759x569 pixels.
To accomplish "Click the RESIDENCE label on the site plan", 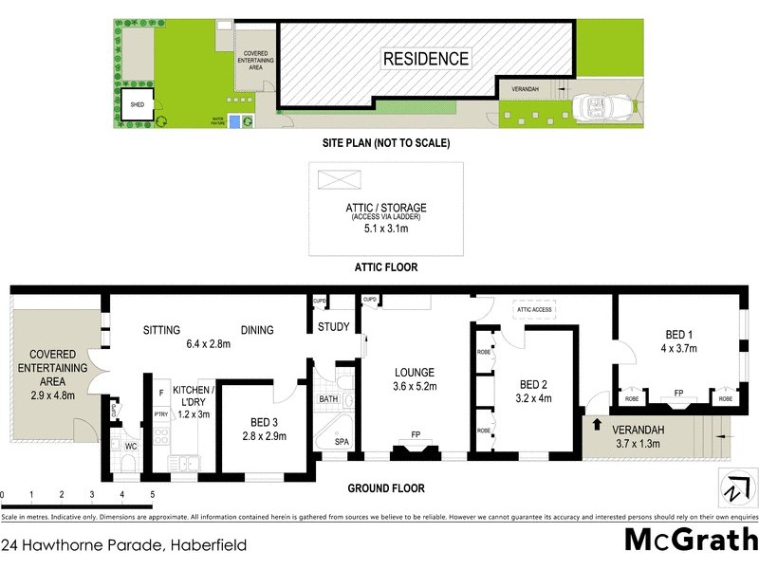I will click(x=425, y=59).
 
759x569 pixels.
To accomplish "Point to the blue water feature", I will click(x=248, y=120).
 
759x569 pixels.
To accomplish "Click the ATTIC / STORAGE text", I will click(x=386, y=208).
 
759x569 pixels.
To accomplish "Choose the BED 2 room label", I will click(x=535, y=384).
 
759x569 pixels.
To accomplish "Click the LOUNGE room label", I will click(x=416, y=372).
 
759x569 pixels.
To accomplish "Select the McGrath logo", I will click(x=690, y=541).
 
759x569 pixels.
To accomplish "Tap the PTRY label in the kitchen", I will click(x=159, y=413).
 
